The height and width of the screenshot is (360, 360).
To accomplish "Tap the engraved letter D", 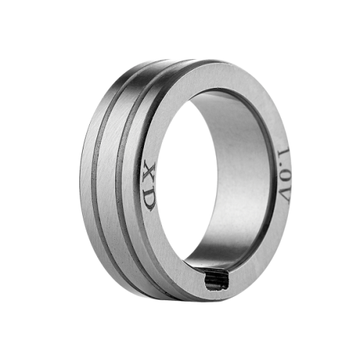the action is click(150, 199).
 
